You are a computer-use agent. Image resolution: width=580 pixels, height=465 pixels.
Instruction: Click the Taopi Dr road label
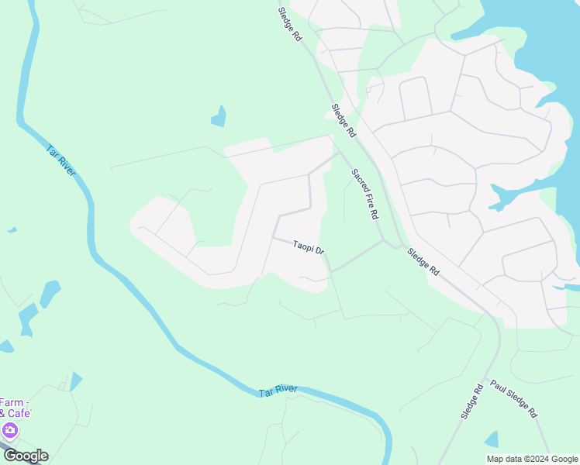click(x=308, y=248)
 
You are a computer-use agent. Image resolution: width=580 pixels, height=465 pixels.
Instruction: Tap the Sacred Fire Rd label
click(x=364, y=193)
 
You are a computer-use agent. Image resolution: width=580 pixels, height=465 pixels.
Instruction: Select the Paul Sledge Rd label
click(x=513, y=399)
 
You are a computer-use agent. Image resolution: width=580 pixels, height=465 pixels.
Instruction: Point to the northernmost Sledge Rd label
click(x=291, y=26)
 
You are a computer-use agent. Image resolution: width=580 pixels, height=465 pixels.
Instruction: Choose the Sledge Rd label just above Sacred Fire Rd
click(x=343, y=121)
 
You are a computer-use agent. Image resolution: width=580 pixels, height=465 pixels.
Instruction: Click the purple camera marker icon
click(x=10, y=430)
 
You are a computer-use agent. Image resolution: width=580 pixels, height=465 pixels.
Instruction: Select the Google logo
click(x=25, y=456)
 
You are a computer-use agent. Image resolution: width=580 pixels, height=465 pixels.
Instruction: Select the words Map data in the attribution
click(x=503, y=459)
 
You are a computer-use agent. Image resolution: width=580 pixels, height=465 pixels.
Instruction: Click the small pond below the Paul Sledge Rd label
click(x=492, y=439)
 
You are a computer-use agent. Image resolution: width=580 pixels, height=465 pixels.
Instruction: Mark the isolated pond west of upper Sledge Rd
click(x=219, y=116)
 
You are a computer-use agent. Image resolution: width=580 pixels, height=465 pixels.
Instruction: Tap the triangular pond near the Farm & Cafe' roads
click(x=75, y=381)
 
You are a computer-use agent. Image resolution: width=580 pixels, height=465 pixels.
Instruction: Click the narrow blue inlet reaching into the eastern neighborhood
click(x=505, y=198)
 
